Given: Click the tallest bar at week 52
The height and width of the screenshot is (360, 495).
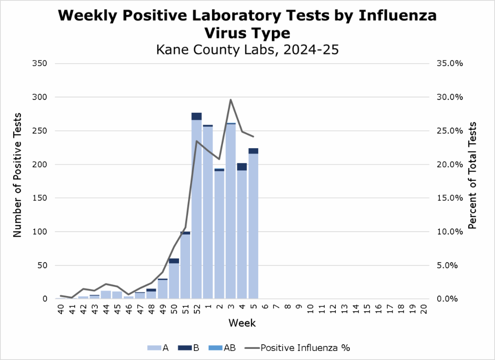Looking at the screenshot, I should [197, 206].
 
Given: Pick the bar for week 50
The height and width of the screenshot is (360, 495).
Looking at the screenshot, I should [174, 281].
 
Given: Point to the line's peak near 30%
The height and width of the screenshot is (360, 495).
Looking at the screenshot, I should [231, 99].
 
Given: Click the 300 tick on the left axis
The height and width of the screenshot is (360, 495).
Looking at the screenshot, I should [40, 97].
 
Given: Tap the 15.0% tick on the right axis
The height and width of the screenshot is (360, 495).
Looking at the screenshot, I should [448, 198].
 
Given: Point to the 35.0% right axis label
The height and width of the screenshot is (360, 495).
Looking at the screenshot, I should [448, 64].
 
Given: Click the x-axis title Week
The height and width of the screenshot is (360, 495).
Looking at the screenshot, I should [242, 323].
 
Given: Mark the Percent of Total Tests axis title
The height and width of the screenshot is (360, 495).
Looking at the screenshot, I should [473, 175].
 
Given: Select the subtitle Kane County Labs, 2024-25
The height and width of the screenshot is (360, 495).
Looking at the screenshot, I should [247, 50].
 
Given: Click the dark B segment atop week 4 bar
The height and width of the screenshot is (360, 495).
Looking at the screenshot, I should [242, 167].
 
